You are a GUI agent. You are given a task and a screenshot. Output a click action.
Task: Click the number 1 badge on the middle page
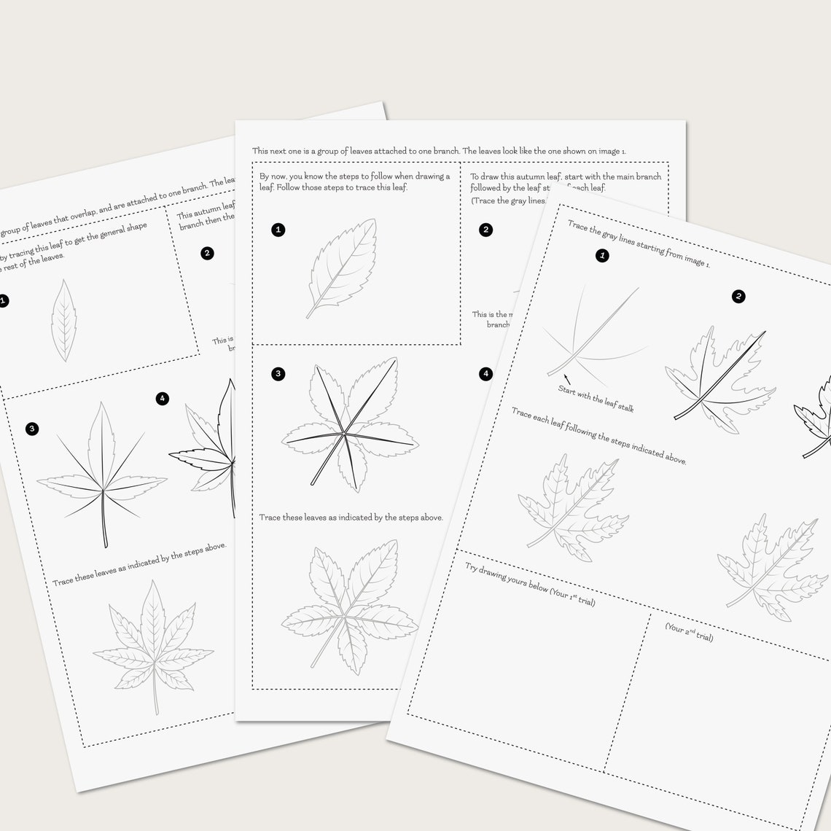(x=278, y=230)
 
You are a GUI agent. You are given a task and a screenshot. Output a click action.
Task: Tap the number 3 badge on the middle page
(x=278, y=374)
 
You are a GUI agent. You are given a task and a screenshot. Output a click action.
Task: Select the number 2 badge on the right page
(x=738, y=296)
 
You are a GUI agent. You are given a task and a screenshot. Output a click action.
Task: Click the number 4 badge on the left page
(x=162, y=398)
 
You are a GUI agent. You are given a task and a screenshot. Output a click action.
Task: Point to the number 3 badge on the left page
(x=31, y=429)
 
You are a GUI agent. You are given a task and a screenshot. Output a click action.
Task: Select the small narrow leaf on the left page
(x=64, y=321)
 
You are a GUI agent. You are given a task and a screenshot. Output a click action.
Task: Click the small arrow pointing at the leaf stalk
(x=566, y=379)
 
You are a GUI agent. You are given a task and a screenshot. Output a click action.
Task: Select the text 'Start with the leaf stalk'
(x=596, y=399)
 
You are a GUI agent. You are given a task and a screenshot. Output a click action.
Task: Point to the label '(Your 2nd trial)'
(x=689, y=632)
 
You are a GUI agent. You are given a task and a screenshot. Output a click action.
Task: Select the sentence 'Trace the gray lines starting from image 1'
(x=639, y=244)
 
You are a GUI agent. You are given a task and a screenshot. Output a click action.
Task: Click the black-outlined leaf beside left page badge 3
(x=101, y=474)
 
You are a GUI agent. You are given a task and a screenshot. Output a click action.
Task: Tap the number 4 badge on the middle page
(x=485, y=374)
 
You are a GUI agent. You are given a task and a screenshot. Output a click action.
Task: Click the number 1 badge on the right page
(x=602, y=255)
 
